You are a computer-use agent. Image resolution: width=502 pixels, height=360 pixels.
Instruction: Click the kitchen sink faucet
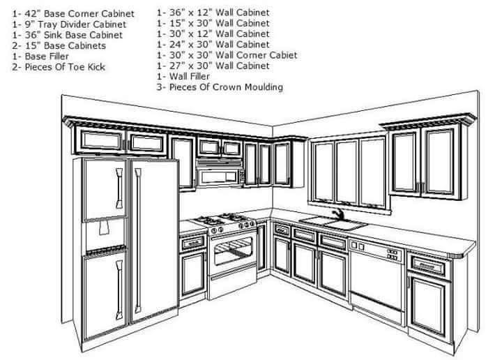(337, 213)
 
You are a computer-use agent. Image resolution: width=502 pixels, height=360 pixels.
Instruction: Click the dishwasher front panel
(376, 279)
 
